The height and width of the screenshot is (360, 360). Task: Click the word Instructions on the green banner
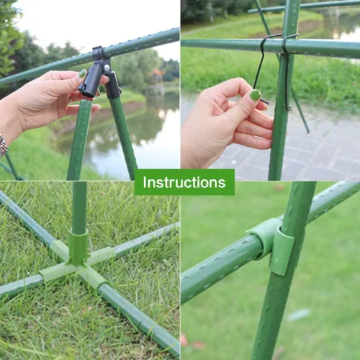(184, 182)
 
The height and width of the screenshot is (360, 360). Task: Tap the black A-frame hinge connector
(99, 73)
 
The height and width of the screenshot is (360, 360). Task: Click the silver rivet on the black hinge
(106, 68)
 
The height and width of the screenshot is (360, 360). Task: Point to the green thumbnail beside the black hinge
(82, 73)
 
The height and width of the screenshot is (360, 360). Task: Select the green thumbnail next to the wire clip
(256, 95)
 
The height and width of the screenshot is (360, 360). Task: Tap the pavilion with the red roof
(156, 77)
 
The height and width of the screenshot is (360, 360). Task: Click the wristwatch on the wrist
(3, 145)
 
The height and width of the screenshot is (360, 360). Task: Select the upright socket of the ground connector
(78, 247)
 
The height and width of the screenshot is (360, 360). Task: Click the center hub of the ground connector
(77, 264)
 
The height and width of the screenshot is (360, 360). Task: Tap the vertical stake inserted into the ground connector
(79, 207)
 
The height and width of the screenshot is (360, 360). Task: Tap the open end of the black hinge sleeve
(86, 91)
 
